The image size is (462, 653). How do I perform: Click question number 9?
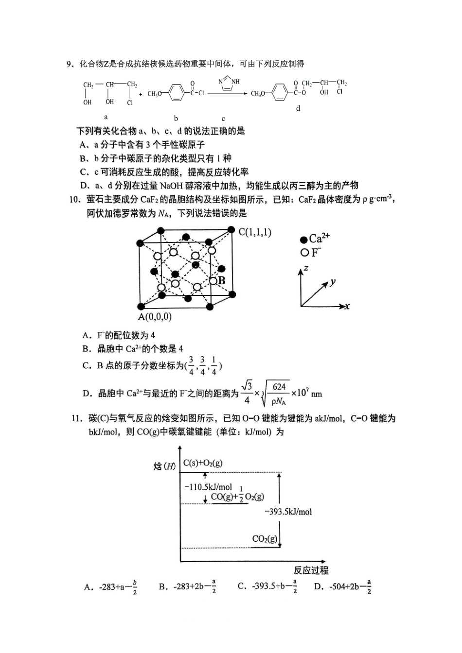pos(70,64)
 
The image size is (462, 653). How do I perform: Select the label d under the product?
pos(298,108)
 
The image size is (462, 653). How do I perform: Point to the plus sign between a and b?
pos(141,94)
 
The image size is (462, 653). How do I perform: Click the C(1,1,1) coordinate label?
pos(255,232)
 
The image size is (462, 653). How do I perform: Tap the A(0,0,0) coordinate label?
pos(155,317)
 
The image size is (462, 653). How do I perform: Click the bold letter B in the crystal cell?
pos(221,280)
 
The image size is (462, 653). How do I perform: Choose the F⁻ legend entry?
pos(311,252)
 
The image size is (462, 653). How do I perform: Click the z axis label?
pos(306,268)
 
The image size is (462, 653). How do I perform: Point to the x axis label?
pos(347,306)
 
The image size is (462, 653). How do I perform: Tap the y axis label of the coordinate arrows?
pos(333,282)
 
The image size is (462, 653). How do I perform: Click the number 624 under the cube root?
pos(279,387)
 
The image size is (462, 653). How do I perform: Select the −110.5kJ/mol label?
pos(208,487)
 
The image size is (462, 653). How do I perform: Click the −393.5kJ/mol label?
pos(288,512)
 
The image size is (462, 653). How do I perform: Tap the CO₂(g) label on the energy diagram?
pos(265,538)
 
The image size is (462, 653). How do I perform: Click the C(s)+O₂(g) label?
pos(203,463)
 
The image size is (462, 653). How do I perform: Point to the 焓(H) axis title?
pos(165,466)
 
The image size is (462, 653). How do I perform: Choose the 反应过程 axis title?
pos(311,570)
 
